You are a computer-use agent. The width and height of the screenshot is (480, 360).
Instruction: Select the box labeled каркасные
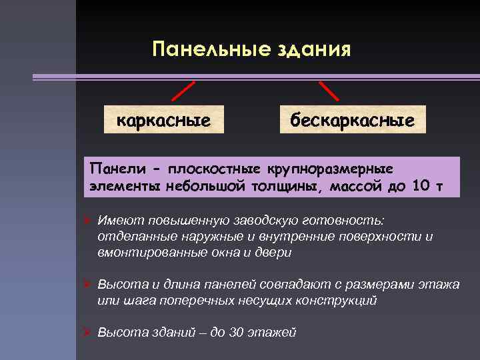point(164,120)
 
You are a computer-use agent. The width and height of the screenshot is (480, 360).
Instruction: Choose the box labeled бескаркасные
point(352,120)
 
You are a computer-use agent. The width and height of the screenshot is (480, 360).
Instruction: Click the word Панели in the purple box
point(113,165)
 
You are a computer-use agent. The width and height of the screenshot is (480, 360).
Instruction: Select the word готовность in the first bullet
point(357,221)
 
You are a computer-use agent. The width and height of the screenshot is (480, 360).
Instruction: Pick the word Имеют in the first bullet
point(115,221)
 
